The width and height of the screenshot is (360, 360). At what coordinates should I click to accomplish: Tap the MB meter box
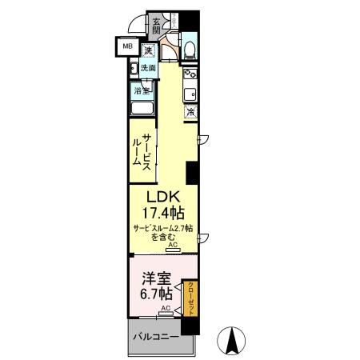coord(127,46)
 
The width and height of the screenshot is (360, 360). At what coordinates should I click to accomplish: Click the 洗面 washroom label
coord(150,69)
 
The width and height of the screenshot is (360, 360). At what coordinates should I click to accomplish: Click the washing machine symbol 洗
coord(149,50)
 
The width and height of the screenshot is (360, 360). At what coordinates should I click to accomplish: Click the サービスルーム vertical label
coord(142,148)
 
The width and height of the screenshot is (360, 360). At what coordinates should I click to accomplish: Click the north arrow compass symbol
coord(232,342)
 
